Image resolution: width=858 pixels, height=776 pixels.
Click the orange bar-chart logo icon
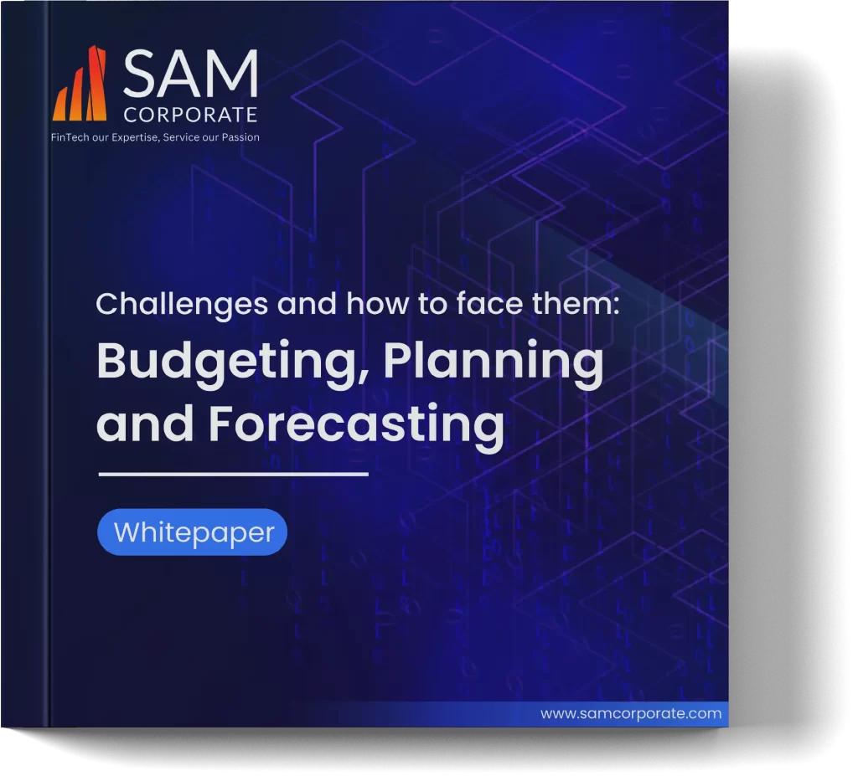click(x=80, y=83)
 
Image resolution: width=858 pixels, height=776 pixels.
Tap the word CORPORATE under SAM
click(x=190, y=115)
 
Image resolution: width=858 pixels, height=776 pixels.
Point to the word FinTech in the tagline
click(x=70, y=137)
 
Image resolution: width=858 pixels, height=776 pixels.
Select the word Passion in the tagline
click(x=240, y=137)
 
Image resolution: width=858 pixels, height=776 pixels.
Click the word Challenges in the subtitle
click(x=182, y=304)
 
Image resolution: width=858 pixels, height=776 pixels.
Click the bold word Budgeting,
click(x=226, y=362)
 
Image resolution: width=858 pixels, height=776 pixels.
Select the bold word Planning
click(x=493, y=362)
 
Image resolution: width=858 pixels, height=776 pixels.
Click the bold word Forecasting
click(x=356, y=424)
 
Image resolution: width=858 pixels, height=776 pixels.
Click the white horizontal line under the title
click(x=233, y=474)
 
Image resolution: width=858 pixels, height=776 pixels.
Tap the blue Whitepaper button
click(x=192, y=532)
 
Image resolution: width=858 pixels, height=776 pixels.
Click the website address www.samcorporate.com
click(x=631, y=714)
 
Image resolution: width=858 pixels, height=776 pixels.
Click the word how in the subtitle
click(x=377, y=304)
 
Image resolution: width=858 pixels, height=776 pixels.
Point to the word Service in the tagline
click(x=181, y=137)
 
